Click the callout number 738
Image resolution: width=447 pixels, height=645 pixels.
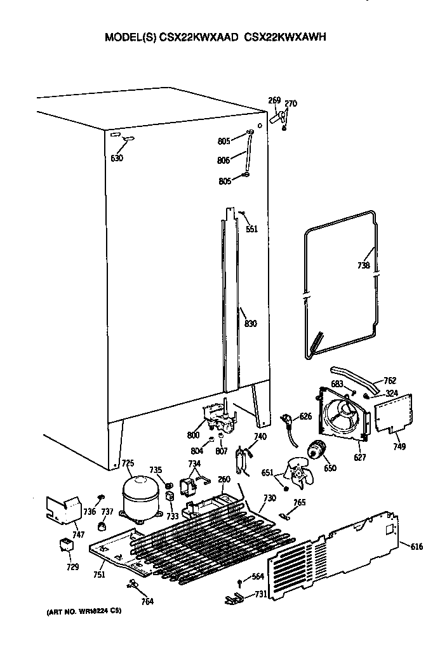point(363,266)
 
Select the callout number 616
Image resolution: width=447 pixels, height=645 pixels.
point(416,547)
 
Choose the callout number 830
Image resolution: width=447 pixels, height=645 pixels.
point(251,324)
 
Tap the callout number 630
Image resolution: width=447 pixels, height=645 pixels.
point(117,158)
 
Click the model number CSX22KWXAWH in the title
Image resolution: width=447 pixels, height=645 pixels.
point(286,37)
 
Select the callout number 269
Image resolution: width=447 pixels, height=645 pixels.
point(274,100)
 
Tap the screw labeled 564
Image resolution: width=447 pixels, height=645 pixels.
point(240,582)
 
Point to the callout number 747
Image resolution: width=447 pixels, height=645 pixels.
point(78,535)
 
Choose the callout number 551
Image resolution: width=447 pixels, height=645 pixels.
point(252,229)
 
